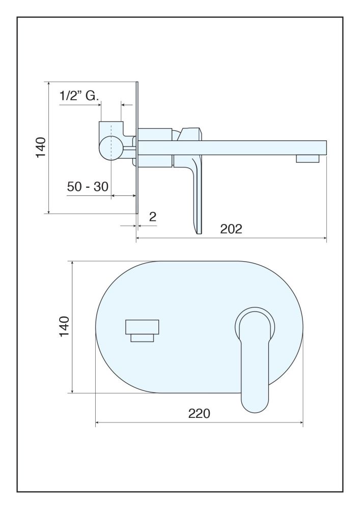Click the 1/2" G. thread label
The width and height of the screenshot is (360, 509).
(79, 96)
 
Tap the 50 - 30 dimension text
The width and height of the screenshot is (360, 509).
(88, 187)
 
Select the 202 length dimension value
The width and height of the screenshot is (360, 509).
(231, 229)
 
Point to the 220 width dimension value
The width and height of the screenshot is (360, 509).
(199, 413)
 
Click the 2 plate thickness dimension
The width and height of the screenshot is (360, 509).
(153, 216)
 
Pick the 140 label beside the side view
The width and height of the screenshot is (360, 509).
(41, 148)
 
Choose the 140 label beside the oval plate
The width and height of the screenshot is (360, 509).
(64, 326)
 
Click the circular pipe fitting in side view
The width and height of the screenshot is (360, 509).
(110, 148)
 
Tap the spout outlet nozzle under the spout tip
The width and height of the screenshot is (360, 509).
(308, 158)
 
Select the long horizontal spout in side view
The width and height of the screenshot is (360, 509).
(232, 148)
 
